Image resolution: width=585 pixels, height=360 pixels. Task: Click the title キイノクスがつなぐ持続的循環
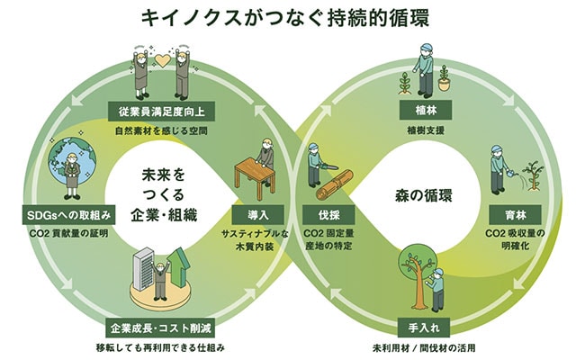(x=292, y=17)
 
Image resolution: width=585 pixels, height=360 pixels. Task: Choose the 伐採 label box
(x=327, y=217)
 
